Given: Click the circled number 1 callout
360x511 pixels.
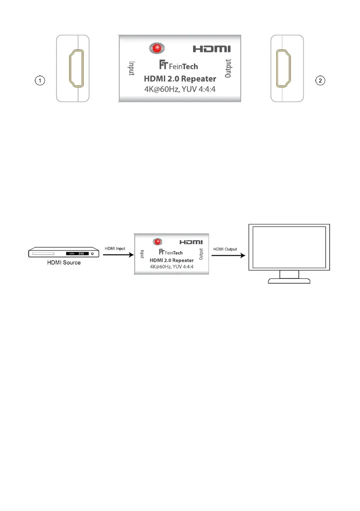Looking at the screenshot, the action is point(40,80).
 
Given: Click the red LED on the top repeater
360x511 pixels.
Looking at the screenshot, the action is point(157,48).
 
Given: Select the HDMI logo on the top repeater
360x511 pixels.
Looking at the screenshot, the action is point(212,49).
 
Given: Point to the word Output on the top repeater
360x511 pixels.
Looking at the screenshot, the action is point(228,68).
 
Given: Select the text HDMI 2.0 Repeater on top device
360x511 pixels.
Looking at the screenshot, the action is point(180,79).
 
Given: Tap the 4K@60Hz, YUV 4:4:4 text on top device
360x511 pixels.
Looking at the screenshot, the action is point(180,90).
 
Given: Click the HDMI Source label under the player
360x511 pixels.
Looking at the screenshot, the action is point(64,263).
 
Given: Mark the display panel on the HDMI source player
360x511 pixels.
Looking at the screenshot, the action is point(77,254).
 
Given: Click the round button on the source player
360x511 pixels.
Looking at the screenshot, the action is point(92,254).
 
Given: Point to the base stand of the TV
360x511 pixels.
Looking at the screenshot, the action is point(289,281).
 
